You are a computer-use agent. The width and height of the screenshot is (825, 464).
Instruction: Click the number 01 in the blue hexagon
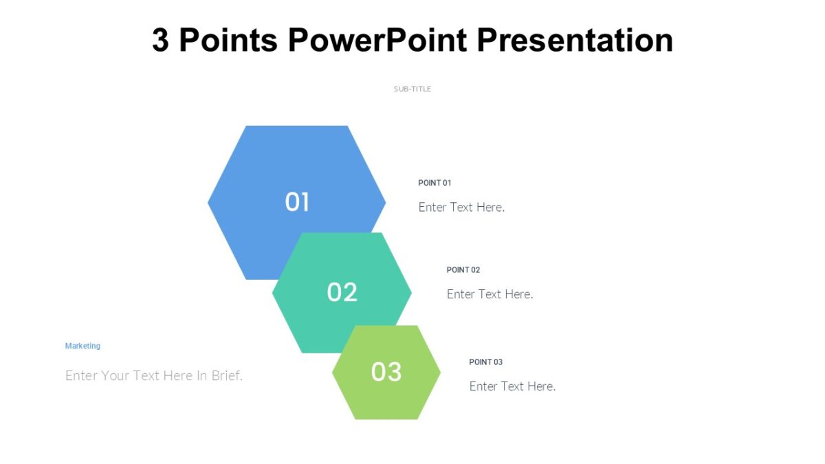297,202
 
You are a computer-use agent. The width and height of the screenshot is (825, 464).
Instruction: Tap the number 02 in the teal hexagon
342,293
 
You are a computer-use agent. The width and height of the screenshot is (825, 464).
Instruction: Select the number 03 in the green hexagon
386,372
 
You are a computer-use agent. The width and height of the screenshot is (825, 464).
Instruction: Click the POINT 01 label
434,183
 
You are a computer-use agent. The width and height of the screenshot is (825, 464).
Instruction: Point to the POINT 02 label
463,270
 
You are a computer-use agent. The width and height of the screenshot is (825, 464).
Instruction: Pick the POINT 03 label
486,362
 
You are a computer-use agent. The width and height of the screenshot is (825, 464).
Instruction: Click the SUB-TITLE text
412,89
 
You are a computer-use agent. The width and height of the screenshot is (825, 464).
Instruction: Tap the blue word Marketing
82,346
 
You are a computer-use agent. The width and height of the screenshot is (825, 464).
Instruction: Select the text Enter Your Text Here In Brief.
154,376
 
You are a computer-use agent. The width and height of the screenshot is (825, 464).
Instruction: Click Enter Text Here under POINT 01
461,207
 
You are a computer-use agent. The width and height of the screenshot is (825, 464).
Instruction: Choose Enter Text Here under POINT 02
489,294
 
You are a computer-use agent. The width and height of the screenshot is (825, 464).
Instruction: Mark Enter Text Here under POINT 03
512,386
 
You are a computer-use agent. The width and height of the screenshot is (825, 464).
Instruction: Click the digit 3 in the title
160,41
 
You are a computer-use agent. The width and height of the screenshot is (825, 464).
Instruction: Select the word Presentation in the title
575,41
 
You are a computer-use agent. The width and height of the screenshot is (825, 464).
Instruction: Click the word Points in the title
228,41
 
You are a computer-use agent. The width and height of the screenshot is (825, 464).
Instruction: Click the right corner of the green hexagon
439,372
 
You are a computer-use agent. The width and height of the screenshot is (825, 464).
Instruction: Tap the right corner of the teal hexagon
410,293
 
